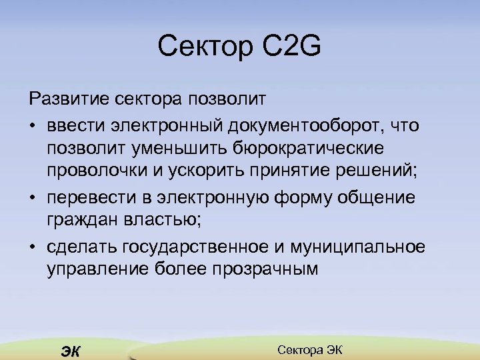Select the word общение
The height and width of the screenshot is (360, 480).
(375, 198)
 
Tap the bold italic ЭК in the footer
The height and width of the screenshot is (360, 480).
(69, 351)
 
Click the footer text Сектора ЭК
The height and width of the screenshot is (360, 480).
(309, 349)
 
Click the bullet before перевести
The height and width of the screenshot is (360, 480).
(33, 199)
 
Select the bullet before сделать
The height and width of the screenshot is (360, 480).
(33, 247)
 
